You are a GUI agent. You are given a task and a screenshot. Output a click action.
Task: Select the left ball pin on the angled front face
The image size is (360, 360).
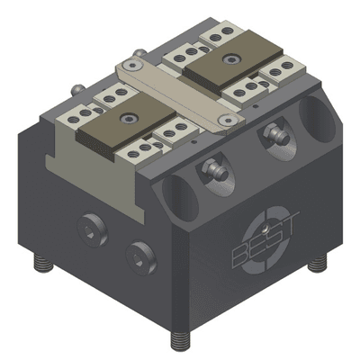[214, 167]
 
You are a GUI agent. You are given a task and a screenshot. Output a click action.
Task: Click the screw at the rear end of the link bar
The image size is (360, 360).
[134, 65]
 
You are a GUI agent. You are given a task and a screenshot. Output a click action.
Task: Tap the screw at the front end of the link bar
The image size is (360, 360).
[230, 119]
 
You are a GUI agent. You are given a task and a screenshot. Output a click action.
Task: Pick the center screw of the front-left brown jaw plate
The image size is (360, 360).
[130, 117]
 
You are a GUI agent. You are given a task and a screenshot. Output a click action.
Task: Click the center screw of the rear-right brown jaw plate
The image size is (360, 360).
[232, 60]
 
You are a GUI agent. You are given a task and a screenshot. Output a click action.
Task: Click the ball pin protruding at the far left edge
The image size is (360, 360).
[76, 88]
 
